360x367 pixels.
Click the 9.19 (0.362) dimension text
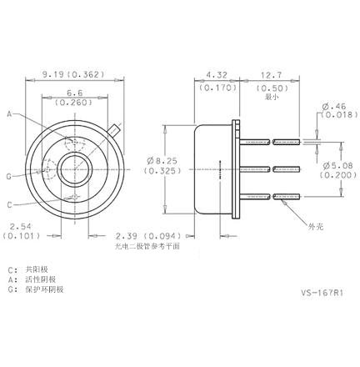[73, 74]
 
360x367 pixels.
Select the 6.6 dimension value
[75, 93]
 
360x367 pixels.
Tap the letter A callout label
[10, 114]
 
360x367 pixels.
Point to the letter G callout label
[9, 177]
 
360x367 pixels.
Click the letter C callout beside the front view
[10, 205]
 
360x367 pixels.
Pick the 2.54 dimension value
[21, 226]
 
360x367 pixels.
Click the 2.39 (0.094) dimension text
[147, 236]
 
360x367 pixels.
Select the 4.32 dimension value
[217, 75]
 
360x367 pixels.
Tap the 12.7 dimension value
[271, 75]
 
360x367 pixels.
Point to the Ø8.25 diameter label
[162, 161]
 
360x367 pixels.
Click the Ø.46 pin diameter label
[334, 106]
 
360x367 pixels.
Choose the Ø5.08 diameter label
[338, 166]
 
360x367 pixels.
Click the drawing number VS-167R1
[322, 293]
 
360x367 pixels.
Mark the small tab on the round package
[114, 129]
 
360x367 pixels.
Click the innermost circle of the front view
[75, 169]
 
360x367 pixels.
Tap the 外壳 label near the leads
[316, 227]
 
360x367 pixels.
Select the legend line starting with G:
[36, 289]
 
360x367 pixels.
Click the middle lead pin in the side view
[269, 169]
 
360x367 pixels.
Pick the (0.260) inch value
[74, 103]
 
